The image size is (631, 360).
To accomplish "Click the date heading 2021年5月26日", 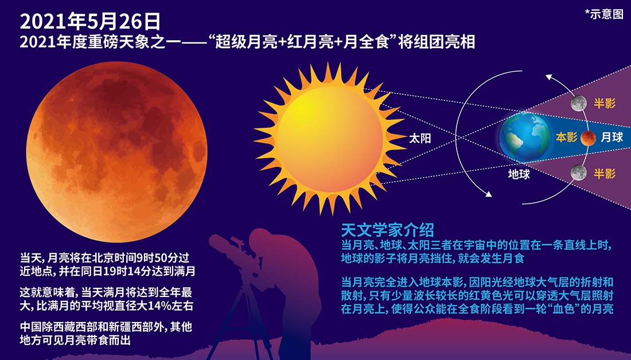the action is point(90,22).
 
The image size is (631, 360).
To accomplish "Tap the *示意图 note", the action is point(604,14).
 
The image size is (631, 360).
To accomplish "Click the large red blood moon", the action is point(116,152).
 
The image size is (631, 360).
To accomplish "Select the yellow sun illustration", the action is point(330,139).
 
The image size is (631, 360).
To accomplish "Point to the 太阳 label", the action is point(420,138).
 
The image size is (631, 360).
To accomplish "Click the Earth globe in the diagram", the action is point(524,137).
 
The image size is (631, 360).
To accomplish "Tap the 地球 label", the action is point(519,174).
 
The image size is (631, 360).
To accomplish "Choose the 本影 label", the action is point(567,137).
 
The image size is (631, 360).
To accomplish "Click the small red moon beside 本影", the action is point(588,138).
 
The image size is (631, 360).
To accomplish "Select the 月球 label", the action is point(611,137).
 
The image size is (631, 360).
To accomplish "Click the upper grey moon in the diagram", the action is point(579,103).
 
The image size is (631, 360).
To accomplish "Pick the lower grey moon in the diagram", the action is point(579,173).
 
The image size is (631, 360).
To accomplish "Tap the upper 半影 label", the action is point(605,103).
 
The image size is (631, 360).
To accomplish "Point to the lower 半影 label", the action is point(605,173).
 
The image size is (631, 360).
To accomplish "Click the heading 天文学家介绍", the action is point(388,230).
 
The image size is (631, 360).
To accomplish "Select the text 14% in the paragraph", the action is point(160,306).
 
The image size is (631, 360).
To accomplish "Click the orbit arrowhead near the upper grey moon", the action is point(550,77).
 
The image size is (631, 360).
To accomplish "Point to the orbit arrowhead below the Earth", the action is point(488,194).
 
